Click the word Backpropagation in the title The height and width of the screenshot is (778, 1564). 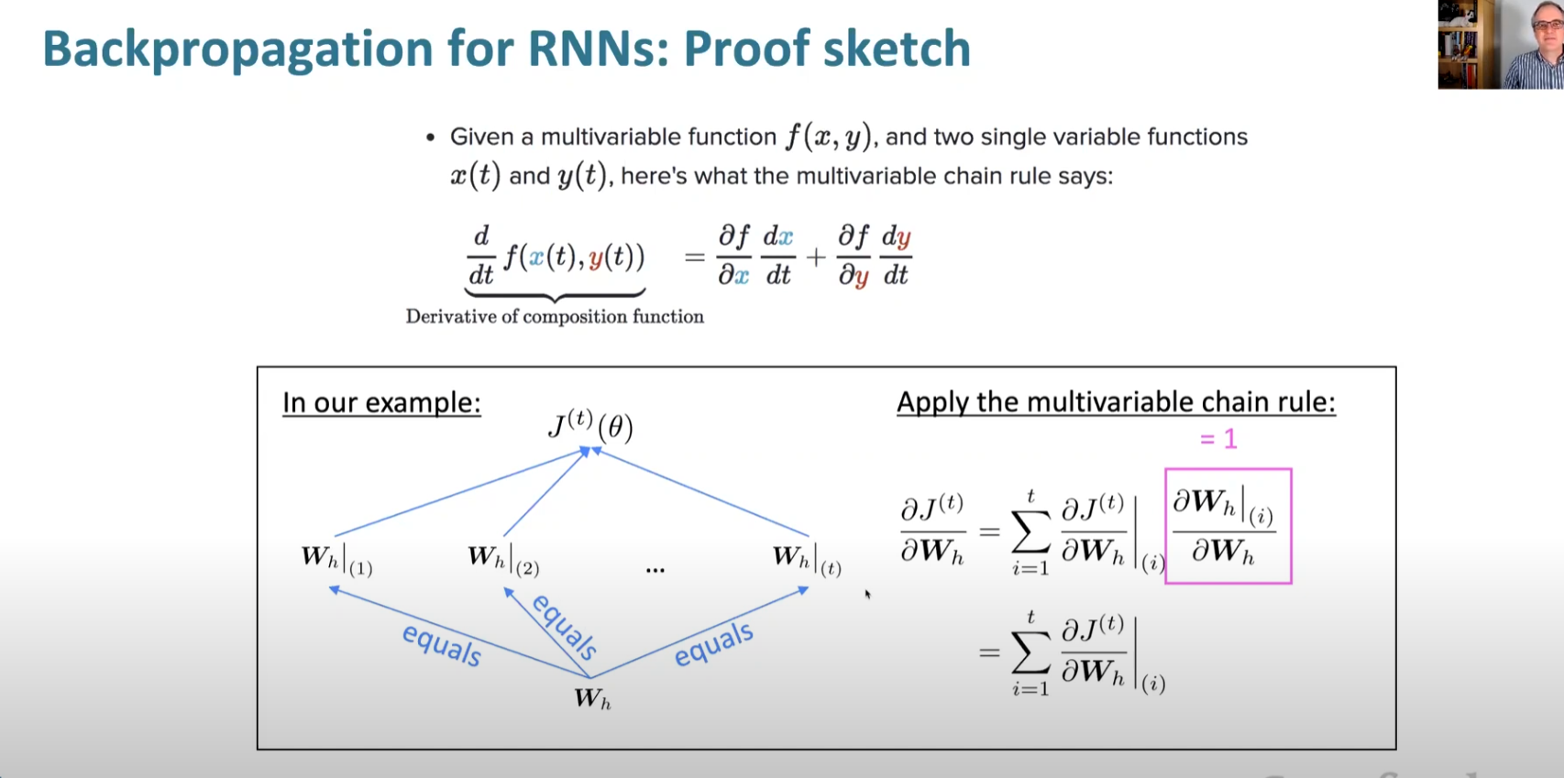pyautogui.click(x=237, y=49)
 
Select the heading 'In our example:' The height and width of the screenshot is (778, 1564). pyautogui.click(x=381, y=403)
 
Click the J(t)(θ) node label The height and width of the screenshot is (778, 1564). pyautogui.click(x=591, y=425)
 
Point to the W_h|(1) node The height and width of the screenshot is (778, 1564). pyautogui.click(x=336, y=559)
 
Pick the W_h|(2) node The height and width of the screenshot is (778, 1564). pyautogui.click(x=503, y=559)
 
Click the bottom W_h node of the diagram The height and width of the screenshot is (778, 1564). pyautogui.click(x=592, y=698)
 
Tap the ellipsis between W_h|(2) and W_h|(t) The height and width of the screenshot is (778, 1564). pyautogui.click(x=655, y=570)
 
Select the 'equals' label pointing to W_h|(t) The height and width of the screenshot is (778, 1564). pyautogui.click(x=713, y=643)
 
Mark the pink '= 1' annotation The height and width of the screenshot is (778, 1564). pyautogui.click(x=1218, y=439)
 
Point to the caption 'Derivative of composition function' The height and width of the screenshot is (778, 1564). pyautogui.click(x=555, y=317)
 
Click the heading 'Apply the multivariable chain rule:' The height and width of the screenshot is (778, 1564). pyautogui.click(x=1116, y=402)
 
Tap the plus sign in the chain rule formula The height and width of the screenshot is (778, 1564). pyautogui.click(x=815, y=258)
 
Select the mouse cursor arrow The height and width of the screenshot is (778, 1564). pyautogui.click(x=867, y=595)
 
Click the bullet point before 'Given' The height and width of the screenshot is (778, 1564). pyautogui.click(x=430, y=138)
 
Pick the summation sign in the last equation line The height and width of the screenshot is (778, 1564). pyautogui.click(x=1030, y=652)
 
